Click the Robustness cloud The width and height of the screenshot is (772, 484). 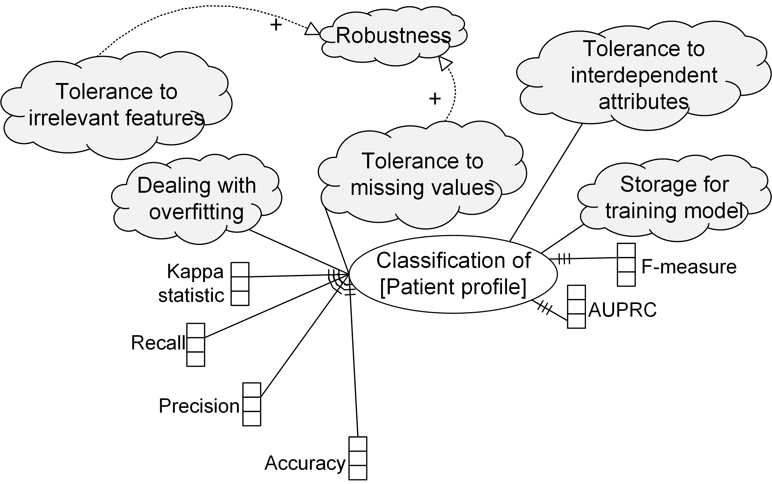pos(393,36)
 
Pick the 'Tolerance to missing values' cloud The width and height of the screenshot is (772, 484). pos(422,174)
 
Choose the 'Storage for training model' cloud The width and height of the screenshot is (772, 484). pos(674,197)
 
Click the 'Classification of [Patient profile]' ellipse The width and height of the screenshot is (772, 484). pos(453,274)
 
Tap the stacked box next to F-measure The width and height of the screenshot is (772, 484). pos(626,265)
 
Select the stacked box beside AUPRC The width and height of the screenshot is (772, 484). pos(576,307)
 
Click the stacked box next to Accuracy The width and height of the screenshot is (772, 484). pos(358,458)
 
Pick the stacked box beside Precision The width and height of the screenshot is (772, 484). pos(252,404)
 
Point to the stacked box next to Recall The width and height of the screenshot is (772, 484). pos(196,345)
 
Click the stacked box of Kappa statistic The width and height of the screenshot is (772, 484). pos(240,284)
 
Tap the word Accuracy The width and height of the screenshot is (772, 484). pos(305,463)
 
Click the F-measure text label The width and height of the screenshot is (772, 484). pos(689,267)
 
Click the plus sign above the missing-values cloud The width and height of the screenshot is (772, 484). pos(435,99)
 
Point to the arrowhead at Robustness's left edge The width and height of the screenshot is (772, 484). pos(312,29)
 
